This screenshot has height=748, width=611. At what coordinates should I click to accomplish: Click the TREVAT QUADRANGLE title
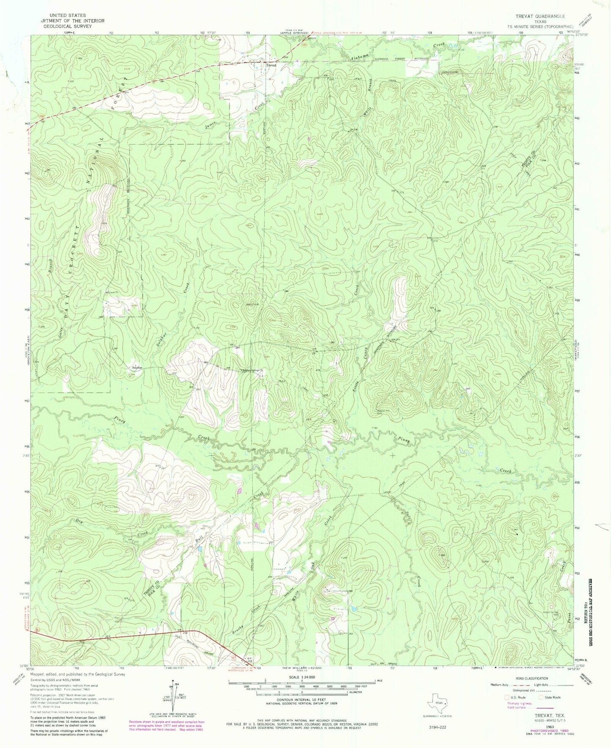pyautogui.click(x=540, y=16)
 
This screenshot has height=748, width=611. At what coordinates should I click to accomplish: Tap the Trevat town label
pyautogui.click(x=271, y=66)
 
